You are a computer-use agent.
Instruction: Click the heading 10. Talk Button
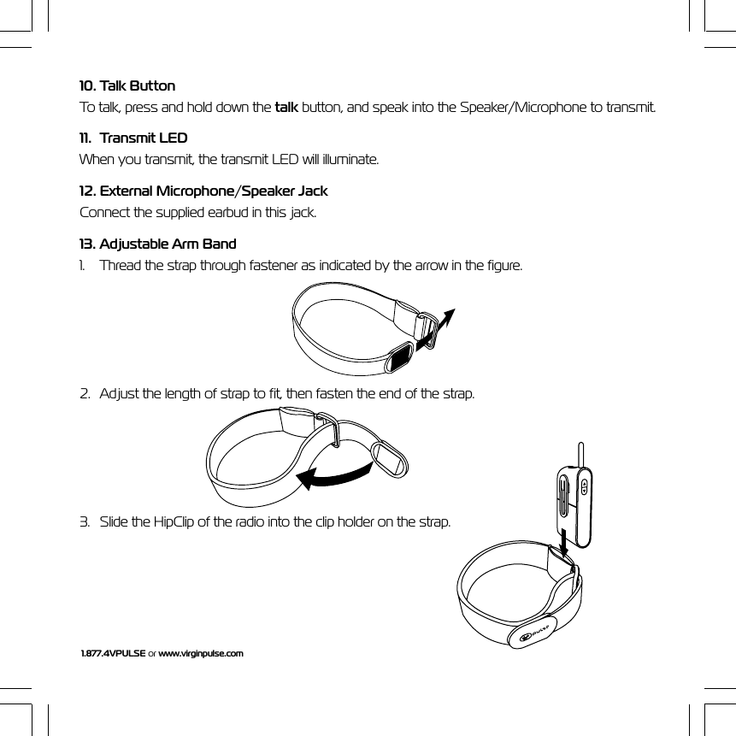tap(127, 86)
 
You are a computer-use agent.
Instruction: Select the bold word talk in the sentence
tap(286, 108)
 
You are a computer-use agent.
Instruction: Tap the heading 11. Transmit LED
tap(133, 138)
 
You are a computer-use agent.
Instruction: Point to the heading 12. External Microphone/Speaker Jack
tap(203, 191)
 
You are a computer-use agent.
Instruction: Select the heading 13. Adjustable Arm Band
tap(158, 244)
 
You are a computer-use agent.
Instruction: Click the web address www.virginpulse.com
tap(201, 653)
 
